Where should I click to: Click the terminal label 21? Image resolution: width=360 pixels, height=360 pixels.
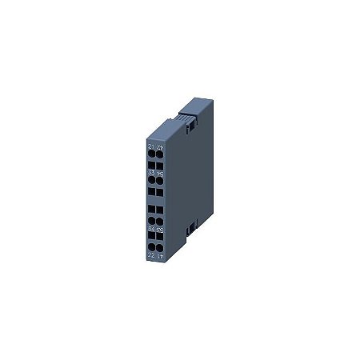click(151, 147)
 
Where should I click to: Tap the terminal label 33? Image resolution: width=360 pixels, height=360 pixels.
click(151, 173)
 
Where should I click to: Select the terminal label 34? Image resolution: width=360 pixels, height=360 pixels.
click(151, 228)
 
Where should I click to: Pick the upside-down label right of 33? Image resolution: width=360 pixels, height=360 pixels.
click(160, 173)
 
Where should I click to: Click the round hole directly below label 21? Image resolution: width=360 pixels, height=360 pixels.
click(151, 154)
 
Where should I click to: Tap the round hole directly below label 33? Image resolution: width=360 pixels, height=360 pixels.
click(151, 180)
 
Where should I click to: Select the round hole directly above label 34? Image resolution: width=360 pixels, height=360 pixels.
click(151, 220)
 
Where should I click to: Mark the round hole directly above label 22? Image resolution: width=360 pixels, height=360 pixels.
click(151, 246)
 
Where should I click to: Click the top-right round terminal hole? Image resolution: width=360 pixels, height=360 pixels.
click(160, 154)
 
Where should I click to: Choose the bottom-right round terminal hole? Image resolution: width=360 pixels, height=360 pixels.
click(160, 246)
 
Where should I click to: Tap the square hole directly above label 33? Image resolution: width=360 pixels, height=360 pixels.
click(151, 166)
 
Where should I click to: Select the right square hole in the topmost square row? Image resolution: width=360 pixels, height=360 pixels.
click(160, 166)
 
